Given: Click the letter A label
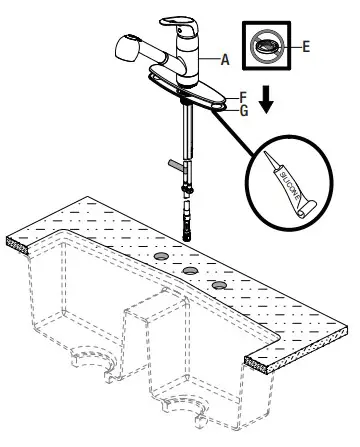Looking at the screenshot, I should tap(226, 60).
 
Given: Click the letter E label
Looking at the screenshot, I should tap(305, 45).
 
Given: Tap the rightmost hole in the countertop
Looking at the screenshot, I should tap(218, 287).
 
